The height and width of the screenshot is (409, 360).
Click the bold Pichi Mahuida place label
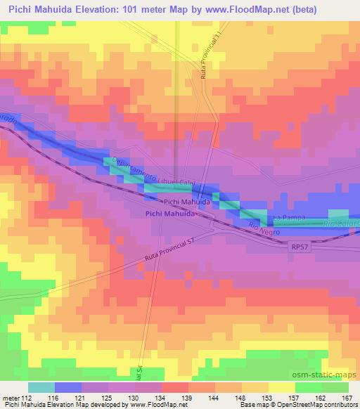pyautogui.click(x=170, y=213)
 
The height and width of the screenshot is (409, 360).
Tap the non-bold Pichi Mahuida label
pyautogui.click(x=186, y=202)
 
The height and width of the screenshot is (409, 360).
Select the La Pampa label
pyautogui.click(x=289, y=218)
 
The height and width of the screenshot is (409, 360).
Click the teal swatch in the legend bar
pyautogui.click(x=41, y=387)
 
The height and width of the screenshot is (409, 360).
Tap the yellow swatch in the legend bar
pyautogui.click(x=282, y=387)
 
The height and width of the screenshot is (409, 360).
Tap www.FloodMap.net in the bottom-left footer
pyautogui.click(x=149, y=405)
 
